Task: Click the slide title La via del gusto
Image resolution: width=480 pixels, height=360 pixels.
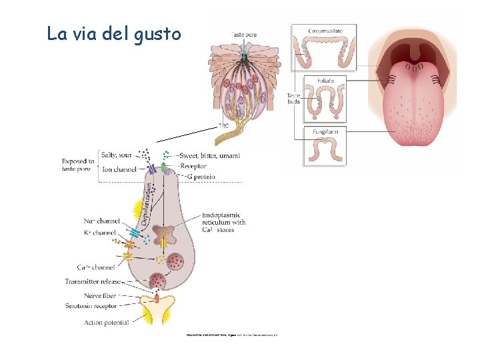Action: click(114, 33)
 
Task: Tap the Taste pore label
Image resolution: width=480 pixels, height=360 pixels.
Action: click(243, 34)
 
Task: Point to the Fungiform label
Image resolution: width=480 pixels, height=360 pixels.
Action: click(325, 132)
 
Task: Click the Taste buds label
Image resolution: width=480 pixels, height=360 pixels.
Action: click(293, 98)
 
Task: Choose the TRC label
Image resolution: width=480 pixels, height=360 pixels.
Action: click(225, 125)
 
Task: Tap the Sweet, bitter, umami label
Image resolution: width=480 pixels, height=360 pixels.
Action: click(211, 155)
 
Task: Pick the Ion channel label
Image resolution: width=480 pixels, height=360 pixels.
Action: click(119, 169)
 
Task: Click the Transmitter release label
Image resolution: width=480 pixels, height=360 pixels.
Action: click(93, 281)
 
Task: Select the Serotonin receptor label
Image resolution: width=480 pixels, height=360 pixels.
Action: click(91, 306)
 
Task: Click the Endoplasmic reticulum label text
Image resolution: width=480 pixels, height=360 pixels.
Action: click(224, 223)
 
